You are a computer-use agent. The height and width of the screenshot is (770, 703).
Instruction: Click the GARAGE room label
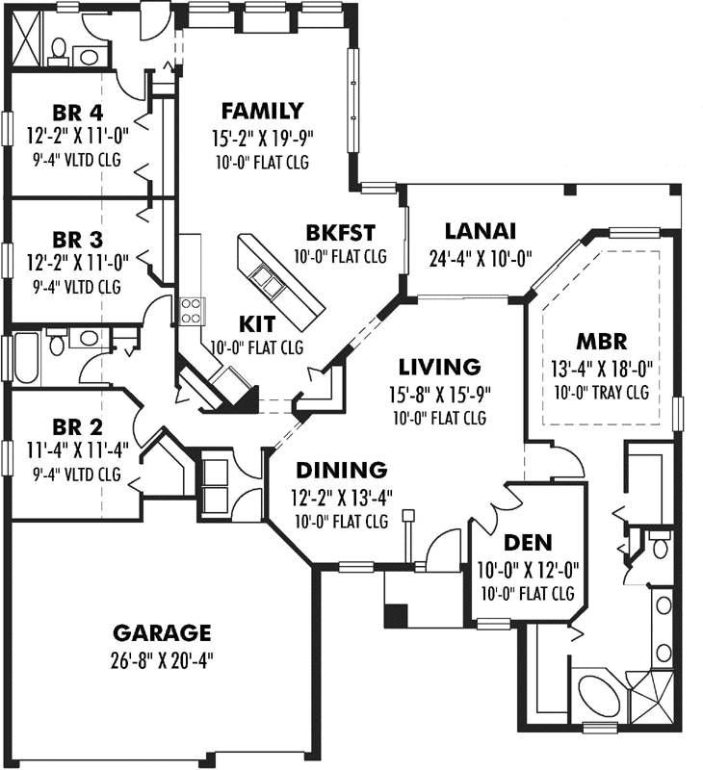coord(161,632)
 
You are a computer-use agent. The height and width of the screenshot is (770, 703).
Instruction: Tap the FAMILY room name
coord(262,111)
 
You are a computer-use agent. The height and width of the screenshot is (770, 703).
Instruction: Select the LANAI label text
coord(481,231)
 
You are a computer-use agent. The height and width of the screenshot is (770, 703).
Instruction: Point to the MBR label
coord(602,342)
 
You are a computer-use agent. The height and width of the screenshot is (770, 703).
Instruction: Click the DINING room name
coord(341,471)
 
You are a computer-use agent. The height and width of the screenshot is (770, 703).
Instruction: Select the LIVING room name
coord(440,367)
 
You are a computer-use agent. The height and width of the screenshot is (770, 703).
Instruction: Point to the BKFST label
coord(340,232)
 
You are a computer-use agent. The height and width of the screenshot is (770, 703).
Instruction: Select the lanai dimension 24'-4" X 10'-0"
coord(481,258)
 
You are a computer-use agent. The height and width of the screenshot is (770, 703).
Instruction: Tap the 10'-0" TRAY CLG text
coord(602,392)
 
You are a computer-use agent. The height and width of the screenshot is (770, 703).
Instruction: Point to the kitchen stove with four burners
coord(191,309)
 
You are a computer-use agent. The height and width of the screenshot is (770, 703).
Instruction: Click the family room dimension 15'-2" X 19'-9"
coord(262,139)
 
